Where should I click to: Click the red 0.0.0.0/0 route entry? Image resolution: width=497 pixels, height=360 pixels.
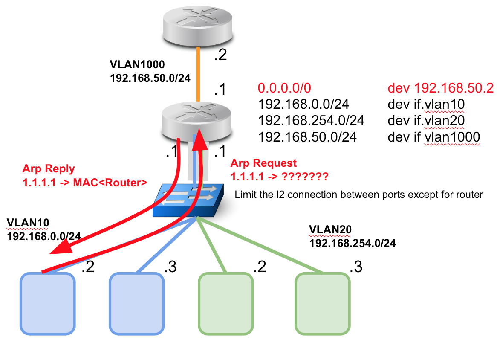pyautogui.click(x=285, y=88)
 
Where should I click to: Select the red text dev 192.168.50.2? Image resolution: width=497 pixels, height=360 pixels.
pyautogui.click(x=440, y=88)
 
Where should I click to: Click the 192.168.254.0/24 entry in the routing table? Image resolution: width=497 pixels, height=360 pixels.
pyautogui.click(x=311, y=121)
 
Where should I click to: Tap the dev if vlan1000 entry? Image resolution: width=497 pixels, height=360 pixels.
pyautogui.click(x=434, y=137)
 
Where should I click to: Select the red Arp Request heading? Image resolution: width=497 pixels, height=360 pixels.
pyautogui.click(x=263, y=163)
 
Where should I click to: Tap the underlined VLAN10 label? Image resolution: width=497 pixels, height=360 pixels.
pyautogui.click(x=28, y=223)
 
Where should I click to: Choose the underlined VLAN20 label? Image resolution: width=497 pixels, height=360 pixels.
pyautogui.click(x=330, y=230)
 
